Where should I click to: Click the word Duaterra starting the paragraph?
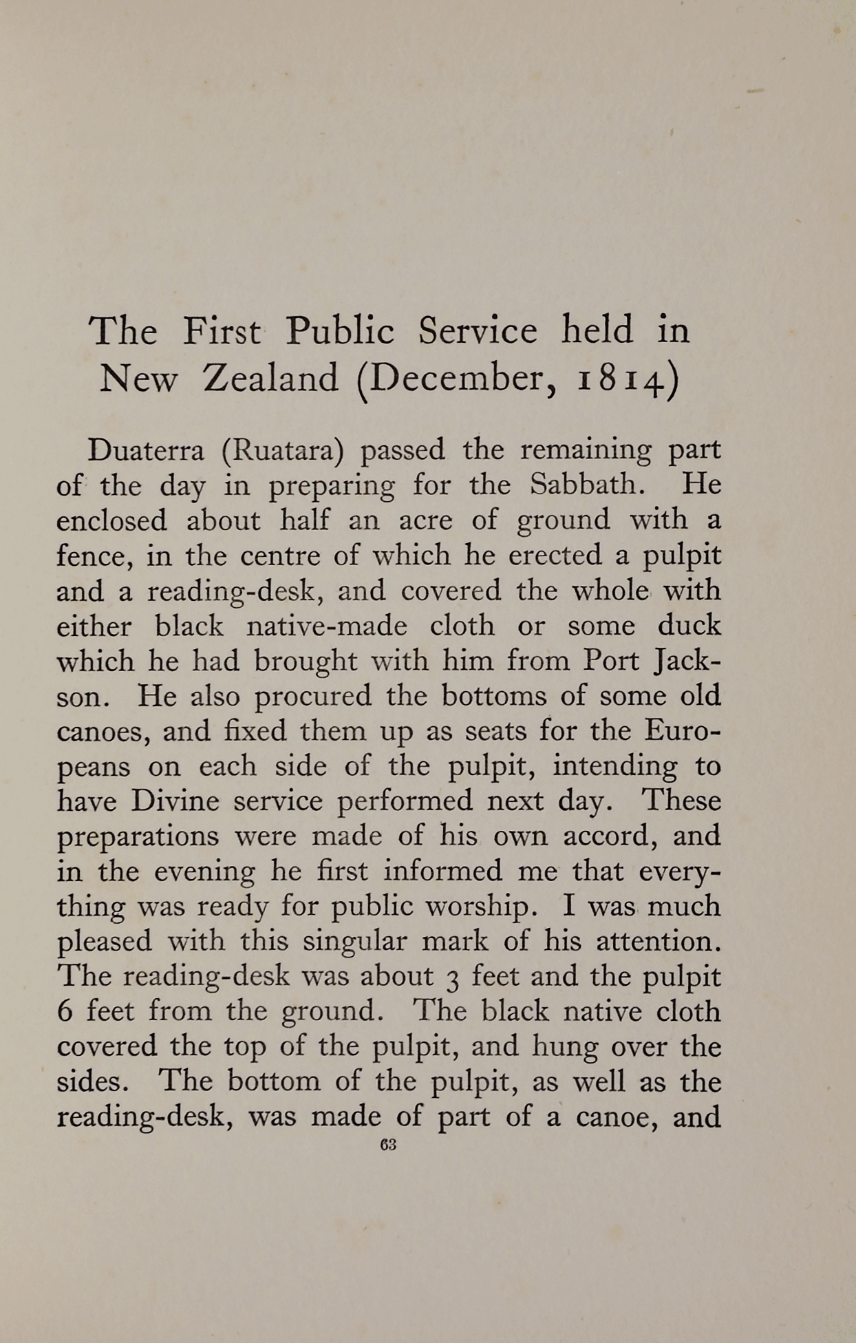146,451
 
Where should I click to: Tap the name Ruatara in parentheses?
282,451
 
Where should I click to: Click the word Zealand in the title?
270,378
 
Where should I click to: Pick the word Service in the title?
477,330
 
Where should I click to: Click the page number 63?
388,1145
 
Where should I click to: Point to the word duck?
689,626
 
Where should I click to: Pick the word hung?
558,1047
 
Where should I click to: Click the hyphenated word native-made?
326,626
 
